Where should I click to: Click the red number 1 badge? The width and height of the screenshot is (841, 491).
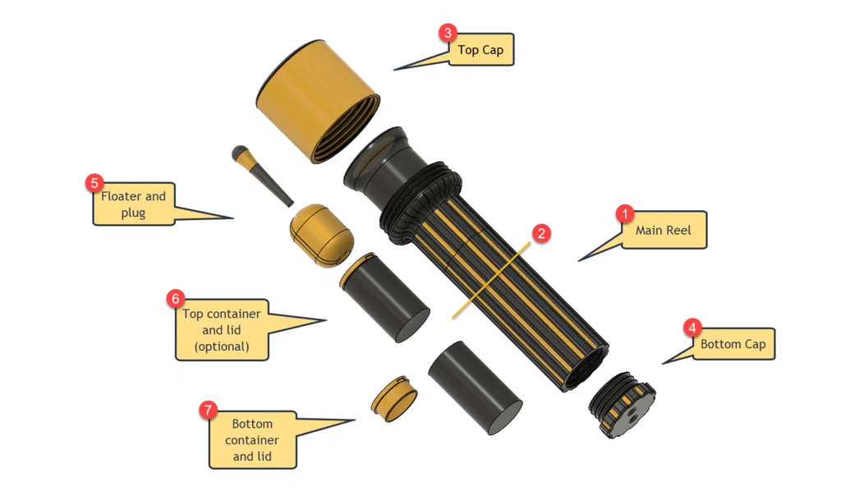pyautogui.click(x=624, y=214)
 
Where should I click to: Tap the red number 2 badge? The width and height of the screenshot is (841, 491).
pyautogui.click(x=540, y=233)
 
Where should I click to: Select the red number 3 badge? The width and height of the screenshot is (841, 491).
pyautogui.click(x=447, y=33)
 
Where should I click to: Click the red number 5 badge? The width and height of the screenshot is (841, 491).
pyautogui.click(x=94, y=182)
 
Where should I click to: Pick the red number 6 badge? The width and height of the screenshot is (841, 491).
pyautogui.click(x=175, y=298)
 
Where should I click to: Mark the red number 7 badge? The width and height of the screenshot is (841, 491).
pyautogui.click(x=209, y=410)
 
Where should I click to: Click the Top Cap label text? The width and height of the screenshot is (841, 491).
pyautogui.click(x=480, y=50)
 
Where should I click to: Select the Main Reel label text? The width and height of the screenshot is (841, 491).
pyautogui.click(x=663, y=231)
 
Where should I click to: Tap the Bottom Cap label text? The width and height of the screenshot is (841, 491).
pyautogui.click(x=733, y=344)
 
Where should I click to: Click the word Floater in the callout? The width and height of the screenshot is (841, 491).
pyautogui.click(x=122, y=196)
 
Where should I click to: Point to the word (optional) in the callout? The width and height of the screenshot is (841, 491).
pyautogui.click(x=222, y=346)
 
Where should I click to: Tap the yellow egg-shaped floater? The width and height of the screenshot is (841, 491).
pyautogui.click(x=321, y=235)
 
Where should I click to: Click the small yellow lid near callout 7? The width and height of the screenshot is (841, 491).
pyautogui.click(x=394, y=399)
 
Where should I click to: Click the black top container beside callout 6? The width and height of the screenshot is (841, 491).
pyautogui.click(x=386, y=297)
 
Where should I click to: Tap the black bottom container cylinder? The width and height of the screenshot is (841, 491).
pyautogui.click(x=475, y=388)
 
